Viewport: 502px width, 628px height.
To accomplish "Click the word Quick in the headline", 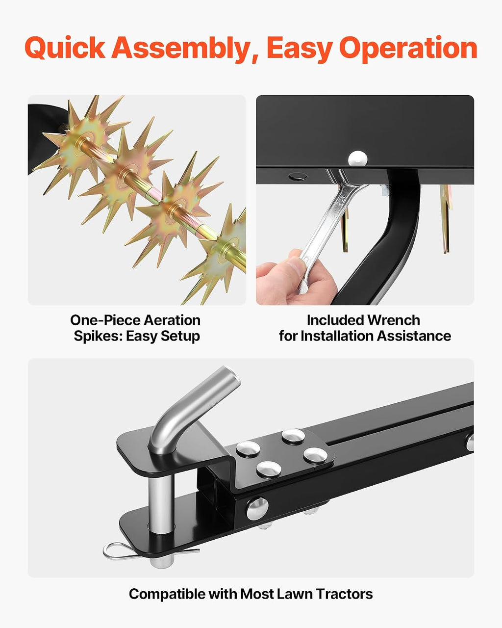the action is pos(65,48).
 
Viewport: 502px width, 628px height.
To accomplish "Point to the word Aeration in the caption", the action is pos(173,320).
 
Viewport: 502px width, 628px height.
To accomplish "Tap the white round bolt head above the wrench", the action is pos(357,159).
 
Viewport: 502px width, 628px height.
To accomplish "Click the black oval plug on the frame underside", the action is pos(298,177).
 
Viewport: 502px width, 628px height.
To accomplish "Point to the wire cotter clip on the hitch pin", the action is pos(140,550).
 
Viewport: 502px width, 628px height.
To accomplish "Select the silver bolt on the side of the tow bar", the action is pos(257,509).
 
